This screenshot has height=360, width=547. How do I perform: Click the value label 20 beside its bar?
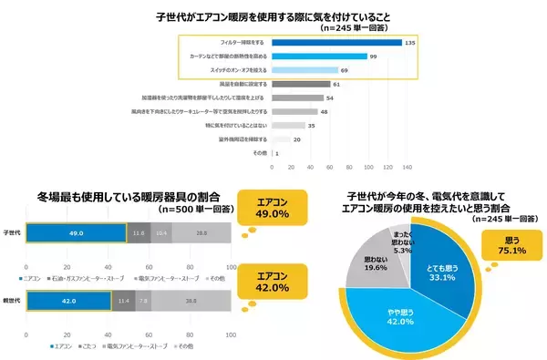(x=297, y=139)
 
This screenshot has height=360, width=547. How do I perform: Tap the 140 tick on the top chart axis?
(x=408, y=167)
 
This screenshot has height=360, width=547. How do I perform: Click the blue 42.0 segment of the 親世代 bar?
(x=67, y=297)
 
